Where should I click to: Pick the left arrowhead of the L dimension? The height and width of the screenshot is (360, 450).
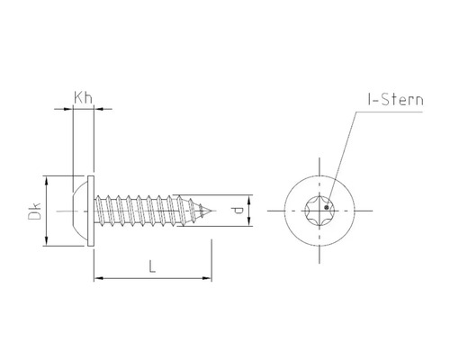coord(97,279)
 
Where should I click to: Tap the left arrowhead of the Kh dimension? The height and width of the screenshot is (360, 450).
coord(66,109)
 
